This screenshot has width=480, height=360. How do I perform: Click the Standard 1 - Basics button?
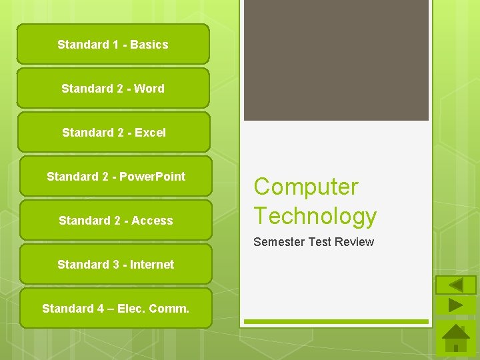point(113,45)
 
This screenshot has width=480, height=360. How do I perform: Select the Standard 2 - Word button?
point(113,89)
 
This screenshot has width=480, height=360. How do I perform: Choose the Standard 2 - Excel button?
point(113,133)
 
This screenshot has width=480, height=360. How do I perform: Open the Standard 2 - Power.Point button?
point(115,177)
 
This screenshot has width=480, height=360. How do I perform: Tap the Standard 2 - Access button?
point(115,221)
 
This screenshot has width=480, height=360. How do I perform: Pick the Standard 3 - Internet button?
point(115,265)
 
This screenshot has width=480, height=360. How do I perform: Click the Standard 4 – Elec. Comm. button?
point(115,309)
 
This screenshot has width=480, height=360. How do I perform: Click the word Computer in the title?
point(306,187)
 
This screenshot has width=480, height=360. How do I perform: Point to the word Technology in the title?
point(315,216)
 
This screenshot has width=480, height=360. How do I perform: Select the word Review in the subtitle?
point(355,242)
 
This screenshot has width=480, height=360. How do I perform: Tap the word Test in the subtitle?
point(320,242)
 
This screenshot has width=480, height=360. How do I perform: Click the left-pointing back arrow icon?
point(456,285)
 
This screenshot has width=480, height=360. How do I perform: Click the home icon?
point(456,339)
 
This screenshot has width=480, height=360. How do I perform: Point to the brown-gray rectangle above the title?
point(336,60)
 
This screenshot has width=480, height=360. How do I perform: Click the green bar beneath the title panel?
point(336,322)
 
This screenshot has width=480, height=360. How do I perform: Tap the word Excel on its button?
point(150,133)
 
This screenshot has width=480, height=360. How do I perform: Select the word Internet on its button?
point(152,265)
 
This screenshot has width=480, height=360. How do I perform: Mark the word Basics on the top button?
point(149,45)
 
